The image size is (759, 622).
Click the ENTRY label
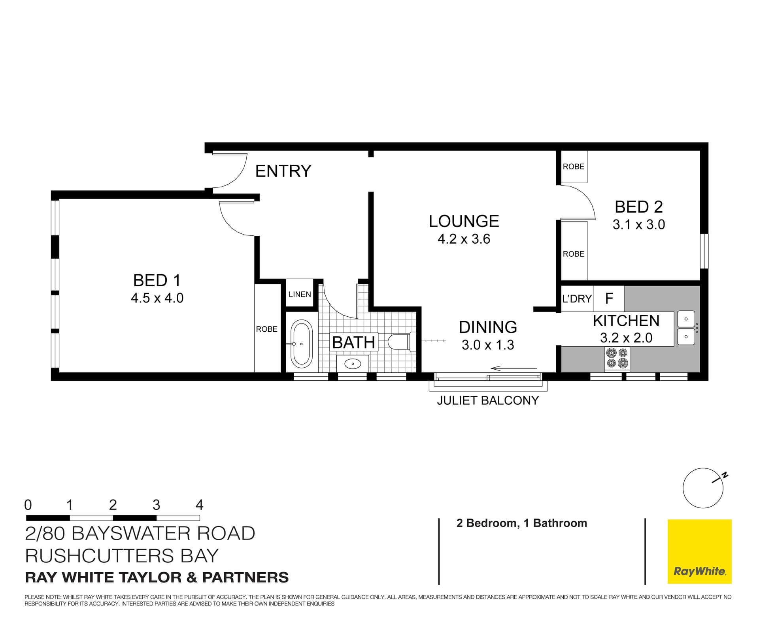pyautogui.click(x=283, y=171)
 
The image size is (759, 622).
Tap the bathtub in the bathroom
pyautogui.click(x=301, y=344)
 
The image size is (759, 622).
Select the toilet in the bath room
pyautogui.click(x=400, y=342)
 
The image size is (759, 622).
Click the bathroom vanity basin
pyautogui.click(x=352, y=363)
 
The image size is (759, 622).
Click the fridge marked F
pyautogui.click(x=609, y=299)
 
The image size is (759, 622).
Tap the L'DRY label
pyautogui.click(x=577, y=299)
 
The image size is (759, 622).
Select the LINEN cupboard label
pyautogui.click(x=300, y=294)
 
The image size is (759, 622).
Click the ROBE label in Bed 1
pyautogui.click(x=266, y=329)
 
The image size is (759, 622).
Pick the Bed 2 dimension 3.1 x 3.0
pyautogui.click(x=638, y=225)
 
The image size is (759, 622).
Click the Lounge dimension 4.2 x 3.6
pyautogui.click(x=464, y=239)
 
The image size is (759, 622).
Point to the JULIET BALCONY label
pyautogui.click(x=487, y=400)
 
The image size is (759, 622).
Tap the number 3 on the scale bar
pyautogui.click(x=156, y=505)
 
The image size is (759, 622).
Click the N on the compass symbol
pyautogui.click(x=725, y=475)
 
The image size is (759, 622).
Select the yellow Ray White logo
pyautogui.click(x=699, y=551)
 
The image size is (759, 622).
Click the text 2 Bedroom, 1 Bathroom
pyautogui.click(x=521, y=523)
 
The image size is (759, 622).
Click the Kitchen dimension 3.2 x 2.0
pyautogui.click(x=626, y=338)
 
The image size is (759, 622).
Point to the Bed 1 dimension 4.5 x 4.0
pyautogui.click(x=157, y=298)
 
